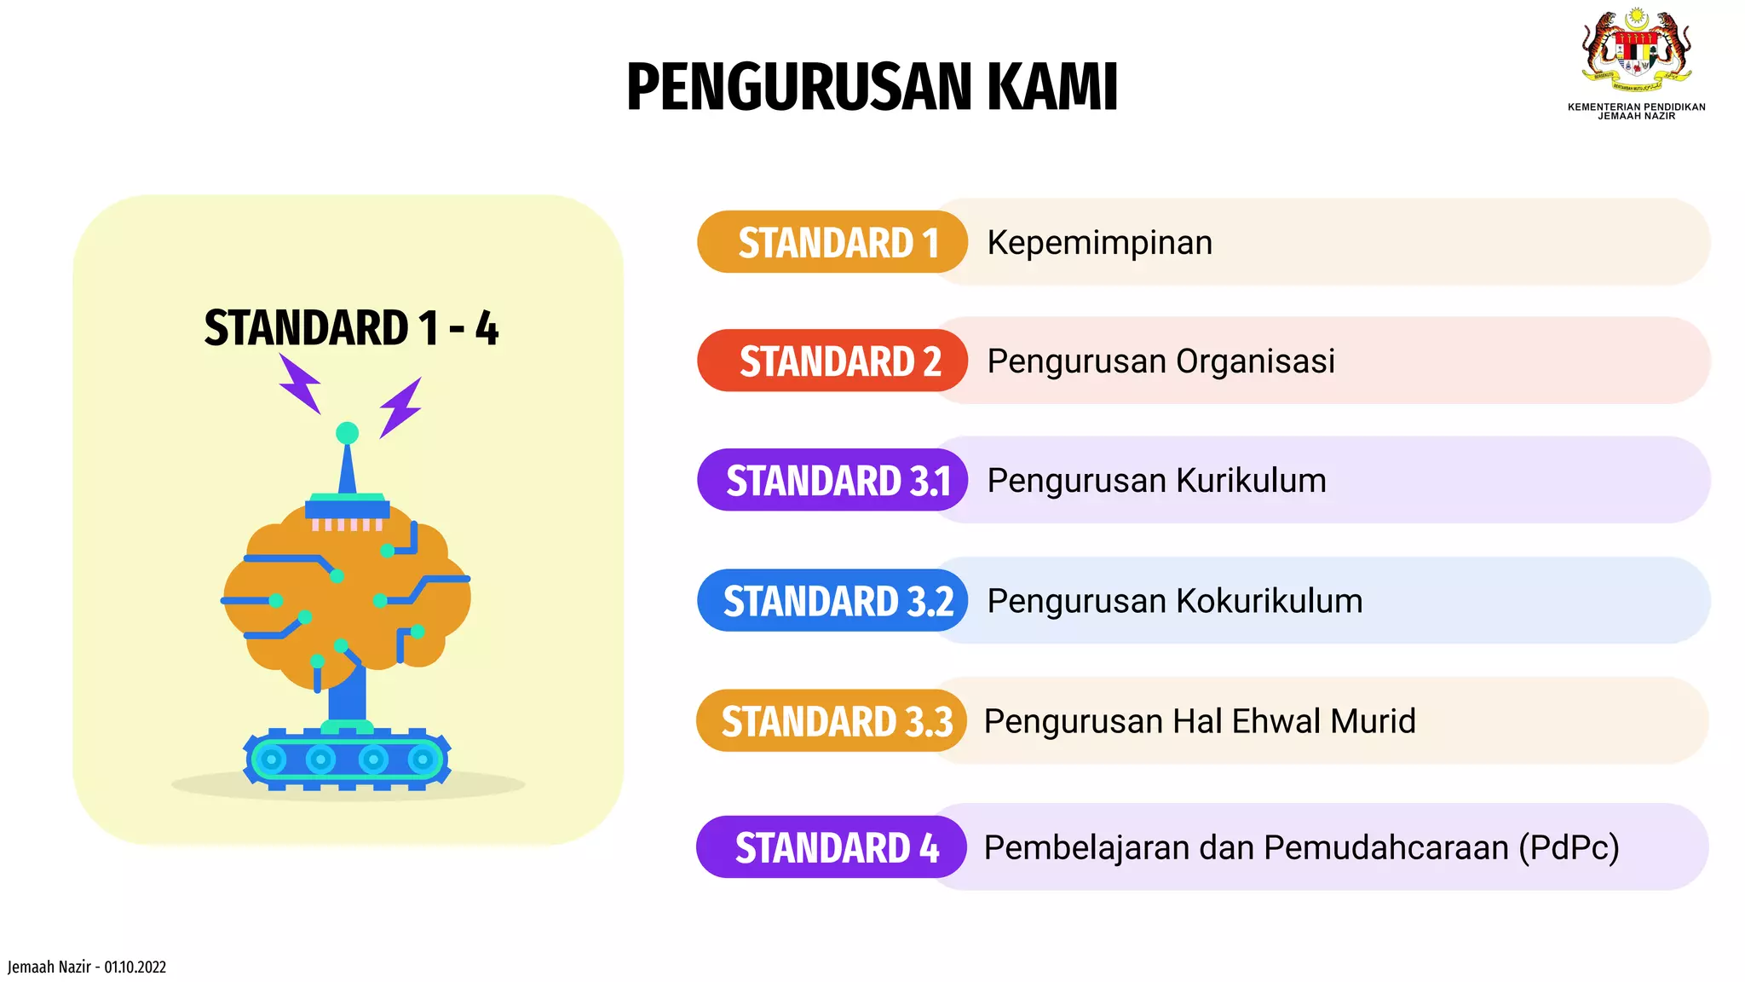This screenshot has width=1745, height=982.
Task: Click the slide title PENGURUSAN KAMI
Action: coord(872,87)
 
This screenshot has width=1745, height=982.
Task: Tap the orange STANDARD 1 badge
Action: coord(832,242)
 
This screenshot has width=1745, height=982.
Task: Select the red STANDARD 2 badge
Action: coord(832,361)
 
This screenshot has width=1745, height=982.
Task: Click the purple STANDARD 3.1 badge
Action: coord(832,481)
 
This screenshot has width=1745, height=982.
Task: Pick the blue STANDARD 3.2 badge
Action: coord(832,601)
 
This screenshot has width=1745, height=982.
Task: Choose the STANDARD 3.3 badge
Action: coord(832,721)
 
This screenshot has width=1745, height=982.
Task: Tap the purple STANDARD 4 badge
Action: coord(832,847)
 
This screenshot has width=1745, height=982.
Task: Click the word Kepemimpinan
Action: coord(1099,243)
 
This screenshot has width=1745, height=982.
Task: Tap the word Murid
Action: coord(1373,721)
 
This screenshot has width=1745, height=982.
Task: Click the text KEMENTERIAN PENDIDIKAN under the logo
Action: coord(1636,107)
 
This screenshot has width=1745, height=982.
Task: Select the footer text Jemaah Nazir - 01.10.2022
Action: coord(87,967)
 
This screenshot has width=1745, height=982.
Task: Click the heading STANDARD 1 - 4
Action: coord(351,328)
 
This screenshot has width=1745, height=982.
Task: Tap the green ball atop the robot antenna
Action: coord(347,433)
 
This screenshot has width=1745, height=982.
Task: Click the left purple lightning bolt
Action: coord(301,384)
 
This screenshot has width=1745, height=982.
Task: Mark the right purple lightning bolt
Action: coord(400,407)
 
